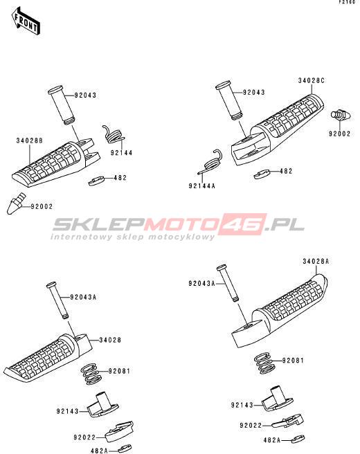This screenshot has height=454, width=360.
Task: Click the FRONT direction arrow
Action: tap(26, 22)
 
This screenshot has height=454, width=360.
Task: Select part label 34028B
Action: tap(29, 140)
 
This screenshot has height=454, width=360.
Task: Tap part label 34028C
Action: tap(312, 80)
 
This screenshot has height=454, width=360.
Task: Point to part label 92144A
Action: tap(202, 186)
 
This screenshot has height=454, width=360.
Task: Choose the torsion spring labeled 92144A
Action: tap(210, 163)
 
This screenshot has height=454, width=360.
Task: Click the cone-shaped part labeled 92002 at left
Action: tap(15, 203)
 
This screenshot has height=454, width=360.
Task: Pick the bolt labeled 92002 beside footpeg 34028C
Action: tap(341, 116)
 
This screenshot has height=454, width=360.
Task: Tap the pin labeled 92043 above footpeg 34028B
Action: tap(62, 105)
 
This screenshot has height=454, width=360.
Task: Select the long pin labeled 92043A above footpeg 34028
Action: tap(57, 300)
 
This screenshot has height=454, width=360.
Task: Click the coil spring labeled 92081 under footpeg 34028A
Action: tap(264, 363)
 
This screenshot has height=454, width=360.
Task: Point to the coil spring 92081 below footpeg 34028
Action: tap(91, 374)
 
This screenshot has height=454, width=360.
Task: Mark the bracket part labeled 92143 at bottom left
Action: tap(102, 403)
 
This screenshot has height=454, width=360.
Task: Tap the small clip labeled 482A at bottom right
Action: tap(298, 439)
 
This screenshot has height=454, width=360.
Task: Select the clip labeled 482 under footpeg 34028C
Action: tap(262, 174)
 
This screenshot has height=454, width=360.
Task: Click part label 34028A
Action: tap(316, 262)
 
